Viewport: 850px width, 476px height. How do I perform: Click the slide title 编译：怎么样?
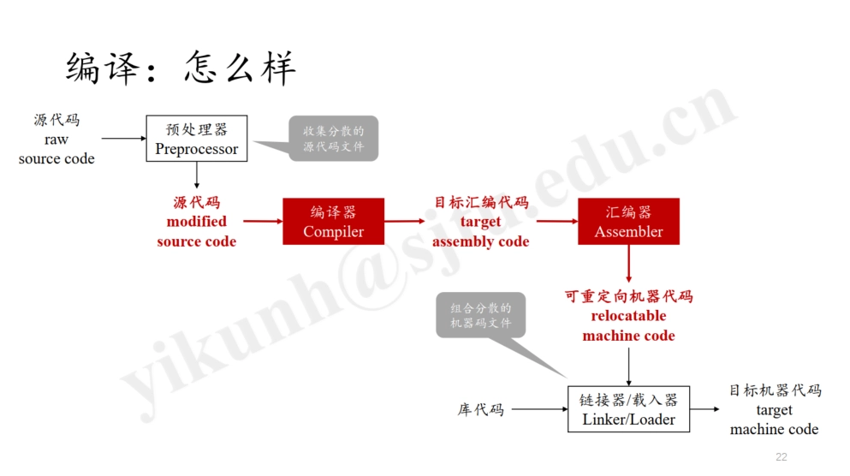pyautogui.click(x=181, y=68)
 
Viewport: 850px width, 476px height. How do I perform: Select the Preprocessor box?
pyautogui.click(x=196, y=139)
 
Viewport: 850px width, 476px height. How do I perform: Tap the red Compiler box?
pyautogui.click(x=333, y=222)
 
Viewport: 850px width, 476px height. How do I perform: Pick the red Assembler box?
pyautogui.click(x=628, y=222)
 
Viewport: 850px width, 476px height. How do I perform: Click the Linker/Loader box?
pyautogui.click(x=628, y=409)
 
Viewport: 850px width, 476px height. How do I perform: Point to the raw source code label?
pyautogui.click(x=56, y=140)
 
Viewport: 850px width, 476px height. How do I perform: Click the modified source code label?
pyautogui.click(x=196, y=222)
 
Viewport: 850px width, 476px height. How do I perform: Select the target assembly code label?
pyautogui.click(x=480, y=222)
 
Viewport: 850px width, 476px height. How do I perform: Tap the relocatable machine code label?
pyautogui.click(x=628, y=316)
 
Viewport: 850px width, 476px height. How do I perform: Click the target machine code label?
pyautogui.click(x=774, y=410)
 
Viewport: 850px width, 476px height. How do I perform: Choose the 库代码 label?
pyautogui.click(x=480, y=410)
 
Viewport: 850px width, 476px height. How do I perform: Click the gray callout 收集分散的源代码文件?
pyautogui.click(x=333, y=139)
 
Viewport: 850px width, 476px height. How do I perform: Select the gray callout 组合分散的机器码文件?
pyautogui.click(x=480, y=315)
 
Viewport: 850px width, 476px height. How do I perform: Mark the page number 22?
pyautogui.click(x=781, y=457)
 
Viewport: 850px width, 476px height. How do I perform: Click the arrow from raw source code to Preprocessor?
pyautogui.click(x=124, y=138)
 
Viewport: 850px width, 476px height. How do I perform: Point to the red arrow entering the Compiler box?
pyautogui.click(x=260, y=221)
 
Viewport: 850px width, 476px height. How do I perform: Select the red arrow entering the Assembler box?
pyautogui.click(x=556, y=221)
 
